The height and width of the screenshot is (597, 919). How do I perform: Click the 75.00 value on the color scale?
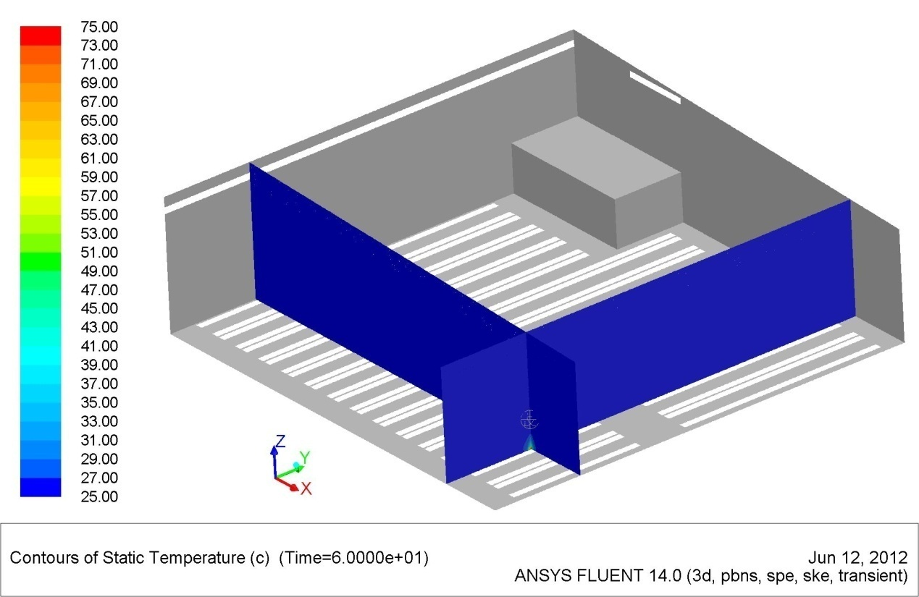99,27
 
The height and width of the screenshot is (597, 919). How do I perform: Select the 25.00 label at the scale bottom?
99,496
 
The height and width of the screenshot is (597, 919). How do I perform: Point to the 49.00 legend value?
99,271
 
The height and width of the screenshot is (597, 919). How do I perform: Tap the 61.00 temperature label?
99,158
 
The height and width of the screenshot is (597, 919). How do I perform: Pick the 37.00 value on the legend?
99,384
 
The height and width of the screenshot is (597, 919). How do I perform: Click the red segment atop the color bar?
41,35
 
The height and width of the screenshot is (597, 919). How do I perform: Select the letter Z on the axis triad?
280,441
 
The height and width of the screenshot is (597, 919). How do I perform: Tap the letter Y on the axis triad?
305,457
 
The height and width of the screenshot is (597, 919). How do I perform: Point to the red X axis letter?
306,488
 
